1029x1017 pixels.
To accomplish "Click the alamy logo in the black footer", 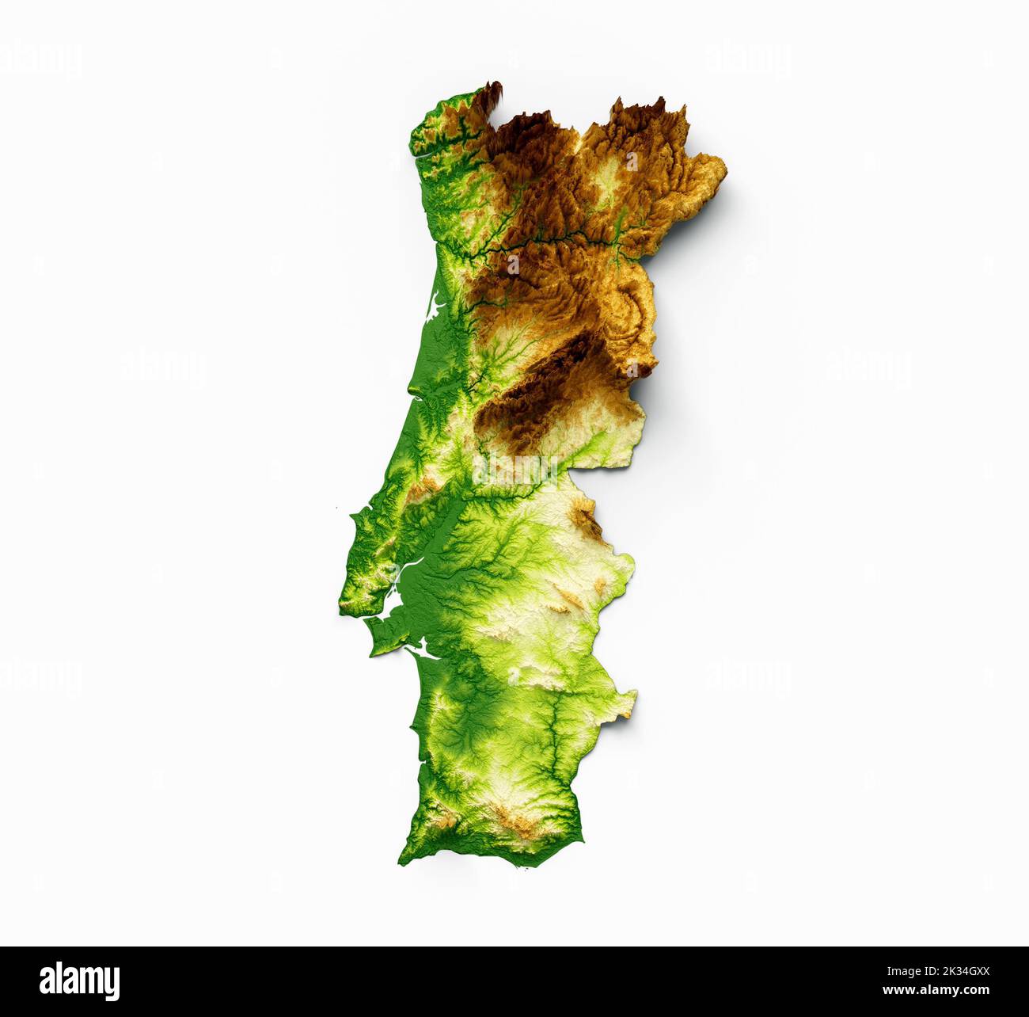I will pyautogui.click(x=80, y=981).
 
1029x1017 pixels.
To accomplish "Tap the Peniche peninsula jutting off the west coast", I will pyautogui.click(x=353, y=516).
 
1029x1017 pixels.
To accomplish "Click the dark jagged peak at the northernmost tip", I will pyautogui.click(x=495, y=89).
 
